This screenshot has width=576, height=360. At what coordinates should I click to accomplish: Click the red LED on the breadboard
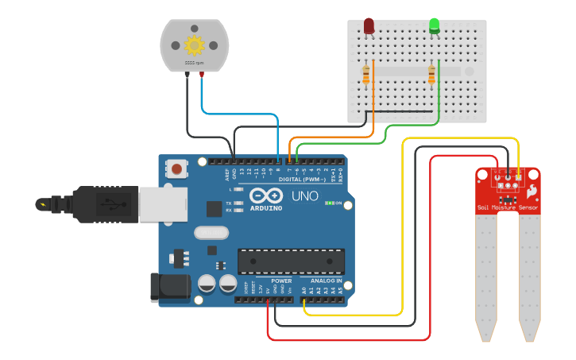369,26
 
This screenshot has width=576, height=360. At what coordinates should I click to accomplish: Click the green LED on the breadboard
435,25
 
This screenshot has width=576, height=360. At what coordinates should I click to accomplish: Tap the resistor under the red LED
365,75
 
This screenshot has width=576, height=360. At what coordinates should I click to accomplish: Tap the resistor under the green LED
431,75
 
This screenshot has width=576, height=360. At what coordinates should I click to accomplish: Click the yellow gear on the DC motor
194,45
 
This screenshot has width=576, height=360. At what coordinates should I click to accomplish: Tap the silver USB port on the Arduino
162,204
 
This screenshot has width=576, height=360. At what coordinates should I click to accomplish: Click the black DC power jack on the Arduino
170,288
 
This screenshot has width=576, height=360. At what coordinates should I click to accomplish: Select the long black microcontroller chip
292,261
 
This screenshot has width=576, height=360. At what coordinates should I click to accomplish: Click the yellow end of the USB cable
42,204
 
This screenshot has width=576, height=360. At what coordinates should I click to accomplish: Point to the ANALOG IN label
326,281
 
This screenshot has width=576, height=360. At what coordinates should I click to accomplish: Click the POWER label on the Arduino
281,281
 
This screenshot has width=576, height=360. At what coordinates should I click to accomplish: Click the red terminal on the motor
202,74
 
